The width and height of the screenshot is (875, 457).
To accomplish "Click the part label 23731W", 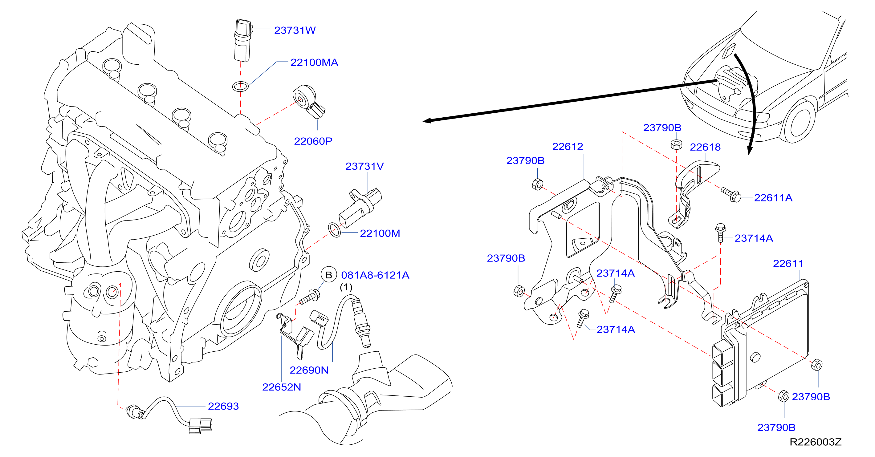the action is click(295, 30).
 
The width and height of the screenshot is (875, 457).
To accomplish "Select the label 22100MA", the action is click(314, 63).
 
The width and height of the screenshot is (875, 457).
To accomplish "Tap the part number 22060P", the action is click(313, 141).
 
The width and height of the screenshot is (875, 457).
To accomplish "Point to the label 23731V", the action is click(364, 166).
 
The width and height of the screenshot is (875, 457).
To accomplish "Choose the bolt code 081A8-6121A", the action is click(375, 275).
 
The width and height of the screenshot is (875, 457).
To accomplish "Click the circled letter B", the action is click(329, 275).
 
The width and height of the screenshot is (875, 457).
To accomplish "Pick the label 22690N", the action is click(309, 370).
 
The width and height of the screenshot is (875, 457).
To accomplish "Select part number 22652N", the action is click(282, 387).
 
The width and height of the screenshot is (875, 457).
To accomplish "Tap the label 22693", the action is click(223, 406).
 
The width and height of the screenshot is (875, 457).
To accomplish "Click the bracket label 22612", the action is click(568, 146).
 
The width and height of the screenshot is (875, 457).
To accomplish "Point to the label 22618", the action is click(705, 147).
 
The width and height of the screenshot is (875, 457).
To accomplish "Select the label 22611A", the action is click(773, 198).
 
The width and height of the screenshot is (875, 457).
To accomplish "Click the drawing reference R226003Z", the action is click(816, 442).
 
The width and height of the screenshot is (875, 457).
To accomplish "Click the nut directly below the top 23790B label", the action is click(676, 144).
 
